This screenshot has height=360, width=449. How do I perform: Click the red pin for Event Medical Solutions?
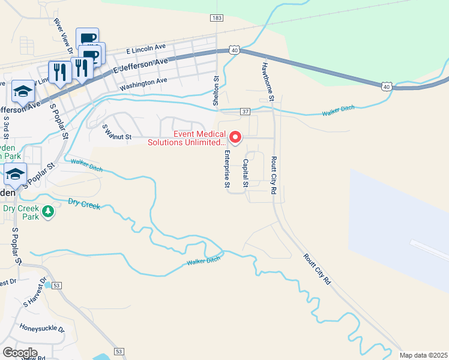[235, 138]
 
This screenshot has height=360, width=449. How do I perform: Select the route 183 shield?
[217, 19]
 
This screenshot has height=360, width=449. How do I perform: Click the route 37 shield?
[245, 112]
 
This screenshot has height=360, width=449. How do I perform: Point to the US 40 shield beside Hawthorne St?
[235, 51]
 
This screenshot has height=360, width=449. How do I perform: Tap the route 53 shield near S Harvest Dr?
[56, 285]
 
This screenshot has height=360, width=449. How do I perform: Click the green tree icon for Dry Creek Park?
[49, 212]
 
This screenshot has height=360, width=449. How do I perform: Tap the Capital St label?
[246, 173]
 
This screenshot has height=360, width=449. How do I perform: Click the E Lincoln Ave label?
[145, 47]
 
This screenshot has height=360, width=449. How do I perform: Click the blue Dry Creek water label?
[83, 204]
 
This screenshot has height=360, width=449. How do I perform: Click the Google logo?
[20, 352]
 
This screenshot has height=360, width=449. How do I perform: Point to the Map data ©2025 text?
[423, 355]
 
